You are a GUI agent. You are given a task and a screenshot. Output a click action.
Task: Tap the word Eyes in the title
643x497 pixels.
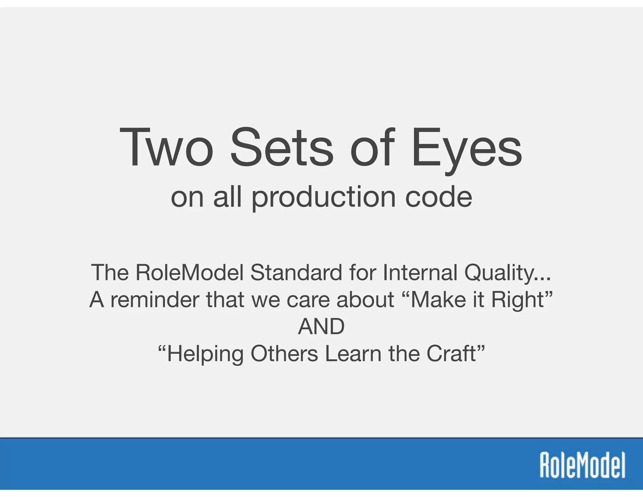click(467, 148)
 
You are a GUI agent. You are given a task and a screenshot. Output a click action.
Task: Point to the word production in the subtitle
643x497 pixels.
click(323, 197)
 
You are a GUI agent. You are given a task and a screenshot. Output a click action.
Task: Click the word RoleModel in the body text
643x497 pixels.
click(190, 272)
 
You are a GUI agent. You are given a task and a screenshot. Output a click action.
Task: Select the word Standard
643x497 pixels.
click(296, 272)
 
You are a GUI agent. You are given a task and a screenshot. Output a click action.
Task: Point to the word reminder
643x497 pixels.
click(154, 299)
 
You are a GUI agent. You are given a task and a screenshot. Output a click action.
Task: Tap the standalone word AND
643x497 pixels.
click(321, 326)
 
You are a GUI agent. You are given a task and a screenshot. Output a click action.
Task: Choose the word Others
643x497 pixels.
click(284, 354)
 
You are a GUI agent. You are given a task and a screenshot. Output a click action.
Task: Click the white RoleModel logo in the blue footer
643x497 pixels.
click(582, 465)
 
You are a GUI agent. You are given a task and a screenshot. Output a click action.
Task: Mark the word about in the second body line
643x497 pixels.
click(365, 299)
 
